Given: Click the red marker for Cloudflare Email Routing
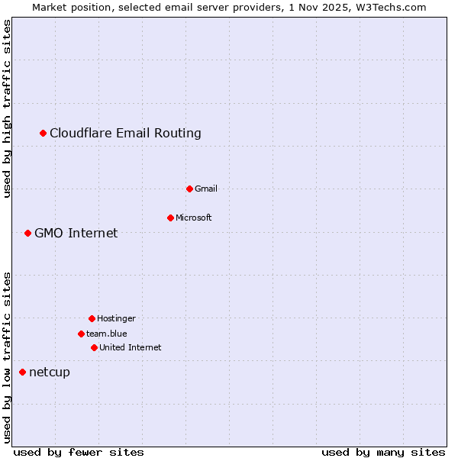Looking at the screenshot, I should coord(44,134).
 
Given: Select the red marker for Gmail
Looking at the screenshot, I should coord(190,189).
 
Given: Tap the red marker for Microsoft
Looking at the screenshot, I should coord(171,218).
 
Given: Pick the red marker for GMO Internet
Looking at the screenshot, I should coord(28,233).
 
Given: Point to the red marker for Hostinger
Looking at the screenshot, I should coord(92,318).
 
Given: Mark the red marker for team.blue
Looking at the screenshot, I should coord(82,334).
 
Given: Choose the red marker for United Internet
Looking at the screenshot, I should coord(95,347).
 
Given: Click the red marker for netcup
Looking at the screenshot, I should coord(23,372).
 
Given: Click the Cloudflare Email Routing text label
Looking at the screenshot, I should coord(125,134).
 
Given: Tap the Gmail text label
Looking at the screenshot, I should coord(206,189).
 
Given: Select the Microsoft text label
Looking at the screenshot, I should coord(193,218).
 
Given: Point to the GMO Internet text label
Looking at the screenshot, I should coord(76,234).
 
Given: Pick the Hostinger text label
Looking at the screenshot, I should coord(116,318).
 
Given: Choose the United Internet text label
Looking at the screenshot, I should coord(130,347).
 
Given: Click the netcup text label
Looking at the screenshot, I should coord(50,373).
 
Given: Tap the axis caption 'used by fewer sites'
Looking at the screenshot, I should coord(79,452).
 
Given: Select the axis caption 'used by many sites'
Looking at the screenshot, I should coord(383,452).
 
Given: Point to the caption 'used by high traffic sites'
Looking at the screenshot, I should coord(7,108).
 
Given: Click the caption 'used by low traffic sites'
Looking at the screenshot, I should coord(7,356).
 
